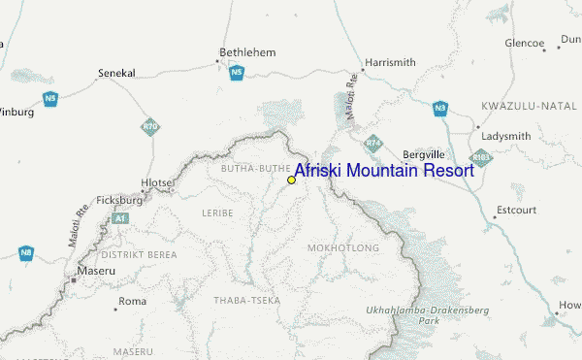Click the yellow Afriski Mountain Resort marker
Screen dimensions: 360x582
click(291, 180)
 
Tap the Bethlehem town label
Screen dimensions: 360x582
click(247, 51)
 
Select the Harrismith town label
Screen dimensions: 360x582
click(389, 62)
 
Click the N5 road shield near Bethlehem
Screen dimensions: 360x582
click(236, 72)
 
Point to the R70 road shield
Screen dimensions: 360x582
click(149, 126)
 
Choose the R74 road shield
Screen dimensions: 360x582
click(372, 144)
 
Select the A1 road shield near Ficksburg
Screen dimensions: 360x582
click(119, 219)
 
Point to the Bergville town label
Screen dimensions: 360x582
click(423, 154)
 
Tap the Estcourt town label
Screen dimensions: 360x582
click(515, 210)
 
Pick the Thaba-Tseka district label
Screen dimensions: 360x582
click(246, 301)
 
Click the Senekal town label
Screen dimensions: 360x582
click(117, 73)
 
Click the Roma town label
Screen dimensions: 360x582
click(131, 302)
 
